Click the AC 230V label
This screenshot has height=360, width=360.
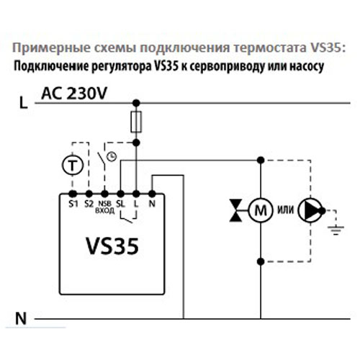coord(73,94)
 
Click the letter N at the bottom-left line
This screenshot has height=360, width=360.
coord(22,316)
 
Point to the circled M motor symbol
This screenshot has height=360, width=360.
coord(258,211)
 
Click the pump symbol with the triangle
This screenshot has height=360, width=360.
coord(311,211)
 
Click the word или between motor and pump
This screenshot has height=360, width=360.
coord(285,211)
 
